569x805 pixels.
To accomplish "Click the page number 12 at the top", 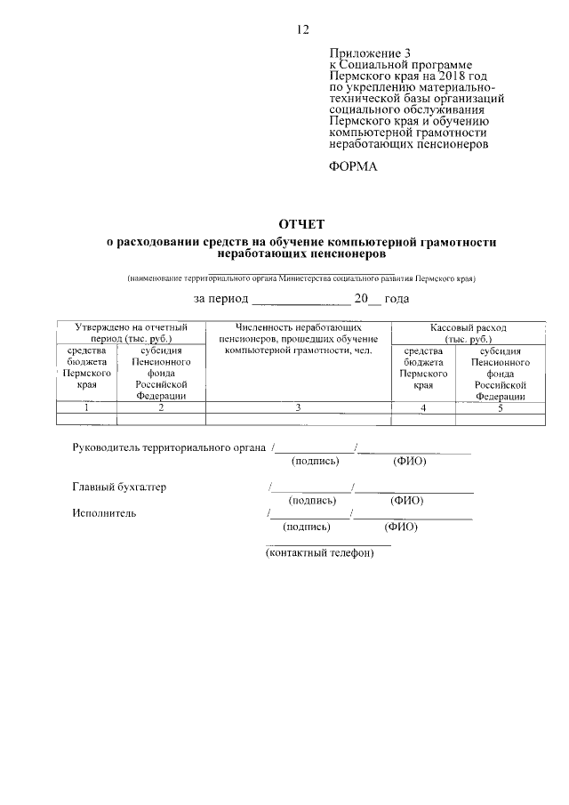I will point(302,29).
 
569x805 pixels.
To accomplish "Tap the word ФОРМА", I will point(353,165).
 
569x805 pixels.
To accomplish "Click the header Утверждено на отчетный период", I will point(131,334).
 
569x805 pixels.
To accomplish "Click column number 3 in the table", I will point(298,407).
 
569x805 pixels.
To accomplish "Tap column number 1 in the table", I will point(86,407).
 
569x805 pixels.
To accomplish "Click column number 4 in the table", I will point(423,407).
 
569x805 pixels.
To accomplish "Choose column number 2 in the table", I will point(160,407).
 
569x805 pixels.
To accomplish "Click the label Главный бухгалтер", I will point(119,487).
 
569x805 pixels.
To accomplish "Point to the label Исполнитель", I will point(104,512).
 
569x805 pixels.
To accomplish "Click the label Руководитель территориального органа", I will point(169,448).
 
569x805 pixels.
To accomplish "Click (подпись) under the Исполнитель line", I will point(307,527).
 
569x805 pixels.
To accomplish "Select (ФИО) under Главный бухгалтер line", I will point(406,502).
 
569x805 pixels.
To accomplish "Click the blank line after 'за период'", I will point(301,299).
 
